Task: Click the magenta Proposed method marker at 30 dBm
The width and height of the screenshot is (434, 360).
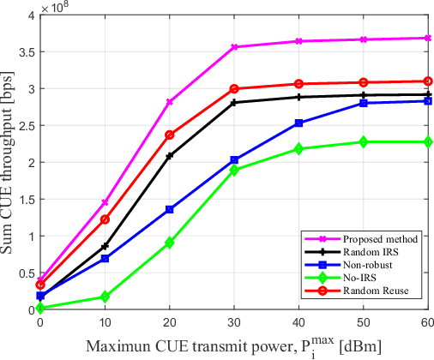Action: (234, 47)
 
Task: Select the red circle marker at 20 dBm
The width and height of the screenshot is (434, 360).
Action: (169, 135)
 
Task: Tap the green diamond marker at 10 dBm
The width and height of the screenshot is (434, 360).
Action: (105, 297)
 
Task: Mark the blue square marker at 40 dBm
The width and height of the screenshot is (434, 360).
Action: (298, 123)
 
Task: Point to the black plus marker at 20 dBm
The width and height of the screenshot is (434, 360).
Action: (169, 156)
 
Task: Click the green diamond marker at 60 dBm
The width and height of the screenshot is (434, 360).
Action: (428, 141)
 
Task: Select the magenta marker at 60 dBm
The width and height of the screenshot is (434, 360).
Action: (428, 38)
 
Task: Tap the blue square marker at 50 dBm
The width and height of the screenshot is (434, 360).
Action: (364, 103)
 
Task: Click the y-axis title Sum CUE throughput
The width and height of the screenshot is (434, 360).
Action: (8, 162)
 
